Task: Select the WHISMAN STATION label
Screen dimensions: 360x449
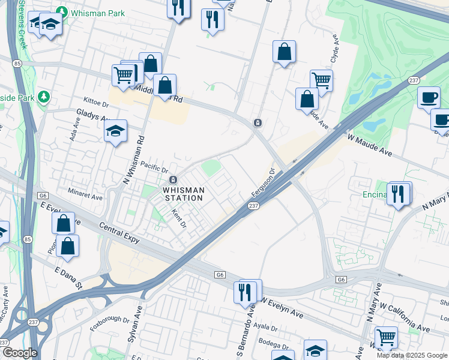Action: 184,194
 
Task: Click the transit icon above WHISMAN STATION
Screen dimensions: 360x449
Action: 173,180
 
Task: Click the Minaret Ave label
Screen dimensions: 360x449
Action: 85,192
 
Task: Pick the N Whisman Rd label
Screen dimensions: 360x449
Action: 134,159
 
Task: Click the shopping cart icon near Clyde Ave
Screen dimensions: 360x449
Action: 322,80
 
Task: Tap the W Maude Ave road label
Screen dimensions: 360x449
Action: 370,146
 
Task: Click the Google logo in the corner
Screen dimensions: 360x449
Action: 19,353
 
